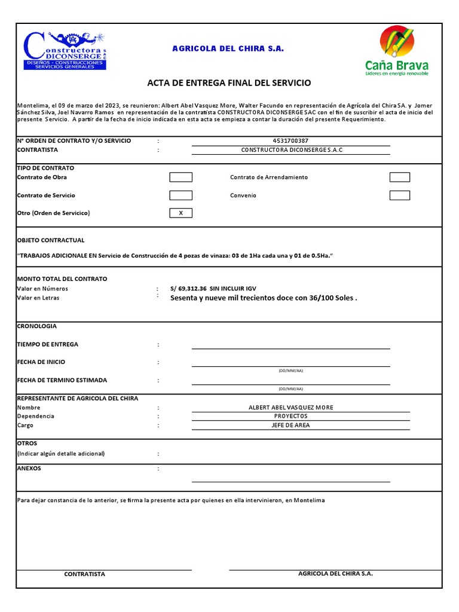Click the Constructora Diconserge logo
click(65, 50)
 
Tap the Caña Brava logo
click(396, 51)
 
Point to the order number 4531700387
click(290, 141)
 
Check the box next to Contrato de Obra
click(181, 177)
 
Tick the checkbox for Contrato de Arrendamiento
click(400, 177)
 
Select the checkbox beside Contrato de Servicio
click(181, 195)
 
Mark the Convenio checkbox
click(400, 195)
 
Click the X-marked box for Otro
click(181, 213)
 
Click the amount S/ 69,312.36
click(188, 289)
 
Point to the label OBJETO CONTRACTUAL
click(51, 240)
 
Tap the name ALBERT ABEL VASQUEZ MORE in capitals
click(290, 408)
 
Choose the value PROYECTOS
click(290, 416)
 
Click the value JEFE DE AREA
click(290, 426)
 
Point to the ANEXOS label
click(29, 469)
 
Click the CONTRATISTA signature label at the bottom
click(85, 574)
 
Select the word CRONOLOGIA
click(37, 326)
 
